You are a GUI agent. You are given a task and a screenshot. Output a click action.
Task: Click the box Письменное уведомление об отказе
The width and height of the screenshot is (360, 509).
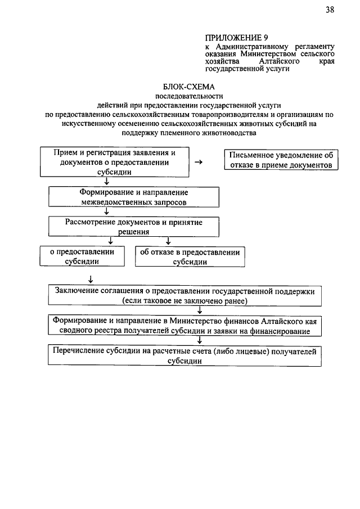click(x=281, y=160)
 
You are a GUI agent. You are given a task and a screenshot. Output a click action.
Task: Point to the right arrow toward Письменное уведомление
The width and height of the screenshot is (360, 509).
click(x=199, y=162)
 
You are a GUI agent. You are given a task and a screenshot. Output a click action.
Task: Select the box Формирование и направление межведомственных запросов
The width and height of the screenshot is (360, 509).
click(x=133, y=196)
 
